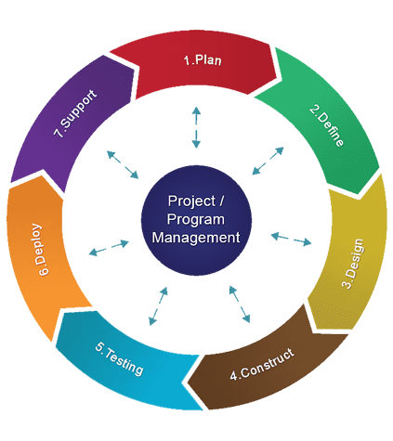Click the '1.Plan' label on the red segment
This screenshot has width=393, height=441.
203,59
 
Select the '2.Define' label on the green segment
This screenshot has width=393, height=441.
326,125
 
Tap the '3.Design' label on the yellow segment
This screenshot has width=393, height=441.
352,264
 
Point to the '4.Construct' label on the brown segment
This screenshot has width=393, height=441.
262,364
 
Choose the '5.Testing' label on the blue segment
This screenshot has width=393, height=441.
119,358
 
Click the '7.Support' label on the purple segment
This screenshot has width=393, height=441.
75,113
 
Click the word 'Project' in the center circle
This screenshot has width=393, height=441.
191,201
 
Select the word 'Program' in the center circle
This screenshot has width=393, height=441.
196,219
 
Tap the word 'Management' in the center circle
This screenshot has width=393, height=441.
196,238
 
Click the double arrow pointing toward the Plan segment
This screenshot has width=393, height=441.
196,127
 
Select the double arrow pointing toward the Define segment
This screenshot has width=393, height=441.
268,161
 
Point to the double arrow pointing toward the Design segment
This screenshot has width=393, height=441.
291,240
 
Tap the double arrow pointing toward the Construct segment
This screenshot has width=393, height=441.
240,305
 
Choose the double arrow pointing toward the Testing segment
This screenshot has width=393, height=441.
158,306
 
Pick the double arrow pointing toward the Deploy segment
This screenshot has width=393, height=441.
109,248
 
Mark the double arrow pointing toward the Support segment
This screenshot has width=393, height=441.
123,164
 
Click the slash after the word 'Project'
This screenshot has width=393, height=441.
221,201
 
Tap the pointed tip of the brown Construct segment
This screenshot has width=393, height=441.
188,382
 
